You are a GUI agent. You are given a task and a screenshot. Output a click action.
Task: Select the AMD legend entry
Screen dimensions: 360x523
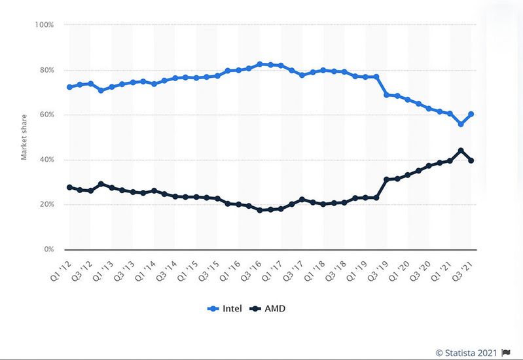click(x=269, y=307)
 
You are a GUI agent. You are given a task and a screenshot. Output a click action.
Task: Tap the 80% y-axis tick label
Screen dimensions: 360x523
click(x=44, y=70)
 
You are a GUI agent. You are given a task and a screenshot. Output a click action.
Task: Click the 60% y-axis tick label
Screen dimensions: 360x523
click(x=44, y=115)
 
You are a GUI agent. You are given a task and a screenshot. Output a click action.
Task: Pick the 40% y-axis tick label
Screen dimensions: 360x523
click(x=44, y=160)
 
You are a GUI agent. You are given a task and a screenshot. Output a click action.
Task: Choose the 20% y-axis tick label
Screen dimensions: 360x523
click(x=44, y=205)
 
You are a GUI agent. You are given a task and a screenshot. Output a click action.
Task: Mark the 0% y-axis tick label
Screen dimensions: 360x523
click(x=46, y=249)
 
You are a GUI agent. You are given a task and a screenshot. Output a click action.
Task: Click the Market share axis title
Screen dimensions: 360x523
click(x=24, y=137)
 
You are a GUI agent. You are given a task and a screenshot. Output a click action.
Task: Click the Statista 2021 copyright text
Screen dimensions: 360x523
click(x=466, y=352)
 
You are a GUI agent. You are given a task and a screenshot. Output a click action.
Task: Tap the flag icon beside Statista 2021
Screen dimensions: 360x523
click(x=505, y=352)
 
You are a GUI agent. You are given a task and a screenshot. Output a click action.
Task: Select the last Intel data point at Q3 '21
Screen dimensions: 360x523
click(x=471, y=114)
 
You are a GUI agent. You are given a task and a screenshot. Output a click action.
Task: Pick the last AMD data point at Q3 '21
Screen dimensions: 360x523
click(x=471, y=160)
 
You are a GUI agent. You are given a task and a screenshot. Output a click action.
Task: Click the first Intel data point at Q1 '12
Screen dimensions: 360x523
click(x=69, y=87)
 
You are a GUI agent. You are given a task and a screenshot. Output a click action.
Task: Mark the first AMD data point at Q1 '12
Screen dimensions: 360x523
click(x=69, y=187)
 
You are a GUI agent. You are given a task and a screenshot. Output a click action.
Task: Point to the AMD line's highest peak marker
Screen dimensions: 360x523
click(x=461, y=151)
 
